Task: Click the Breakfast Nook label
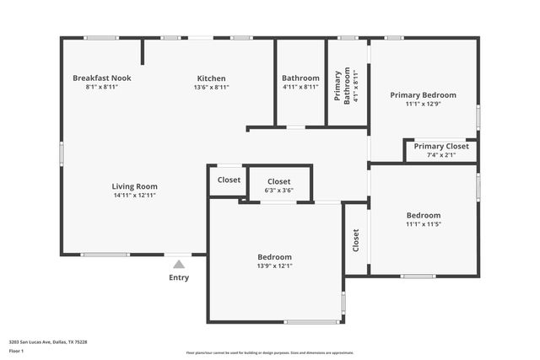coord(101,78)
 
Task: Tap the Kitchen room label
coord(212,78)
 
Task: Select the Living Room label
coord(134,186)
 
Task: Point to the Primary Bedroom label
coord(423,95)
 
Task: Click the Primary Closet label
coord(440,146)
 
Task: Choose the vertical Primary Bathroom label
coord(337,86)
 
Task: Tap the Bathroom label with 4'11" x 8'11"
coord(300,78)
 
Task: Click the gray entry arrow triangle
coord(179,265)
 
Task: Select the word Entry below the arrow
coord(179,278)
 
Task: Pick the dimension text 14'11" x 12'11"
coord(134,196)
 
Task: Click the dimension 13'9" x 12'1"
coord(274,266)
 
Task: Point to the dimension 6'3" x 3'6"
coord(279,191)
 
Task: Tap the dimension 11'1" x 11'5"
coord(424,224)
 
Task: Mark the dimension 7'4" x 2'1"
coord(440,155)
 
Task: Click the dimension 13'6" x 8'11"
coord(212,87)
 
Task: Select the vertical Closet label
coord(356,240)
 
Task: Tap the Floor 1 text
coord(16,351)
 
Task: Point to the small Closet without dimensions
coord(229,180)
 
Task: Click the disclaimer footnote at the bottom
coord(269,353)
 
